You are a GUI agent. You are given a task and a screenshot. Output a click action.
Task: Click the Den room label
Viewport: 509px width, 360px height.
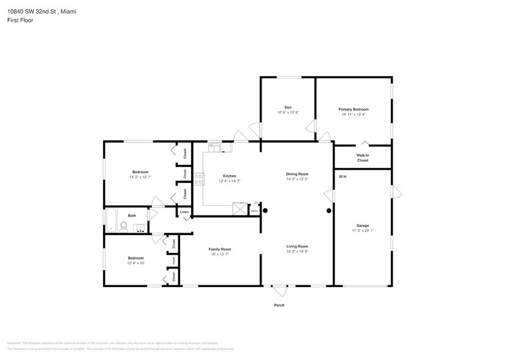tap(287, 107)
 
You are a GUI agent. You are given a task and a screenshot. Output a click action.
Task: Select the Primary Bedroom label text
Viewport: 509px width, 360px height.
tap(353, 109)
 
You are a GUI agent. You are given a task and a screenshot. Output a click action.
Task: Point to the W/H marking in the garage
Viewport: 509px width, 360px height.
tap(342, 178)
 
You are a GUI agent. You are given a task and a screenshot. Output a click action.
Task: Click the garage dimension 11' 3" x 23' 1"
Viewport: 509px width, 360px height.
tap(362, 230)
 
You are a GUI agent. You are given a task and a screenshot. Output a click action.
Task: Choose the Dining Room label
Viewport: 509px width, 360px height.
tap(297, 174)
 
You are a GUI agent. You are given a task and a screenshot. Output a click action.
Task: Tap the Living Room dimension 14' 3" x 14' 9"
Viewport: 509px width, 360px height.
tap(297, 252)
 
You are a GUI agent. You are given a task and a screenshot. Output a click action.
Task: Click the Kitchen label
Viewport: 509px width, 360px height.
tap(229, 176)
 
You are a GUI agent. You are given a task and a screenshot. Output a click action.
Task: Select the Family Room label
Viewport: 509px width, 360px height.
tap(219, 249)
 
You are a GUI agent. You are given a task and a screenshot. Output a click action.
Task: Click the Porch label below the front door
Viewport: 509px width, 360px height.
tap(279, 305)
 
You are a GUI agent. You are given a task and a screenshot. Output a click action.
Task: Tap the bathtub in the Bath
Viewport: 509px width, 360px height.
tap(111, 221)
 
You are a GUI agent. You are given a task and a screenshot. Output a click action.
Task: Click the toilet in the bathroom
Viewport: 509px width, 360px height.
tap(124, 227)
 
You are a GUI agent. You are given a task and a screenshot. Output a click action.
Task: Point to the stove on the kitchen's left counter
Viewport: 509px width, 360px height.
tap(198, 179)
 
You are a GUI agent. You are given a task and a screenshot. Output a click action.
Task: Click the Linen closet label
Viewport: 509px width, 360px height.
tap(184, 212)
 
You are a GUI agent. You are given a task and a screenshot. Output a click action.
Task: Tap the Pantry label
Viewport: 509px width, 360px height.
tap(255, 212)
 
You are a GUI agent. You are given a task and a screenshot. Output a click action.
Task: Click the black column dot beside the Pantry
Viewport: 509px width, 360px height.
tap(265, 211)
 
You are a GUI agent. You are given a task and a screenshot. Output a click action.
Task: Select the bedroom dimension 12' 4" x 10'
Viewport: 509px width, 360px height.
tap(136, 263)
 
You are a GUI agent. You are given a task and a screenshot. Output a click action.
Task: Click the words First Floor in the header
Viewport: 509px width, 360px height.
tap(20, 20)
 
